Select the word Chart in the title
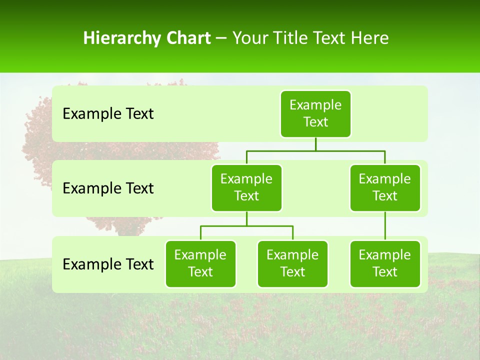(x=188, y=38)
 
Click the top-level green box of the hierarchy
(x=315, y=114)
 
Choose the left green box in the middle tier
(x=246, y=188)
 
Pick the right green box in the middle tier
(x=385, y=188)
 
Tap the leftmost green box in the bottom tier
(x=200, y=264)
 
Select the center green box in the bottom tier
(x=292, y=264)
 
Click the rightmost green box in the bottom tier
(x=385, y=264)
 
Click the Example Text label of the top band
(x=108, y=114)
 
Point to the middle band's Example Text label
(x=108, y=188)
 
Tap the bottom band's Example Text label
(x=108, y=264)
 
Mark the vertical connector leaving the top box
(x=315, y=144)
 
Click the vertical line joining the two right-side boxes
(x=385, y=226)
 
